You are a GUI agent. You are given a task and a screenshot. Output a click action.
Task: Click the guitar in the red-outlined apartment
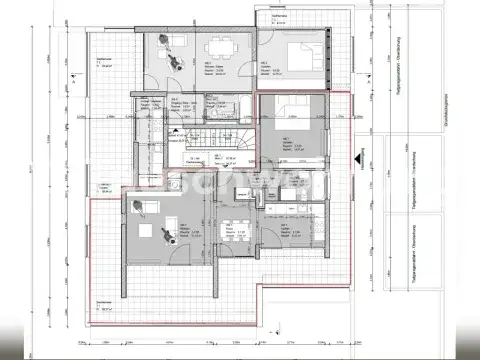coord(161,235)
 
